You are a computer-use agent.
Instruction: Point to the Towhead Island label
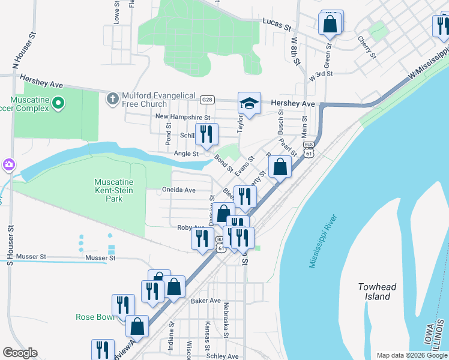pos(377,292)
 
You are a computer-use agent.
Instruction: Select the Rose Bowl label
pos(95,317)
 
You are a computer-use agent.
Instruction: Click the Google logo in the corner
pos(20,353)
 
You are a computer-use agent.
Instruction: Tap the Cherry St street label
pos(366,48)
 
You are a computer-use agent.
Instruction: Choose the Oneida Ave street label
pos(179,190)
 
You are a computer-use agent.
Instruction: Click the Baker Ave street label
pos(206,301)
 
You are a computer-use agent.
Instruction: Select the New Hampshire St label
pos(183,117)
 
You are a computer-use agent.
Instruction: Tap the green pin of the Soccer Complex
pos(58,104)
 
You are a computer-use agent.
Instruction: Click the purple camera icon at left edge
pos(8,164)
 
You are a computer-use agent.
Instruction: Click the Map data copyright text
pos(411,355)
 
